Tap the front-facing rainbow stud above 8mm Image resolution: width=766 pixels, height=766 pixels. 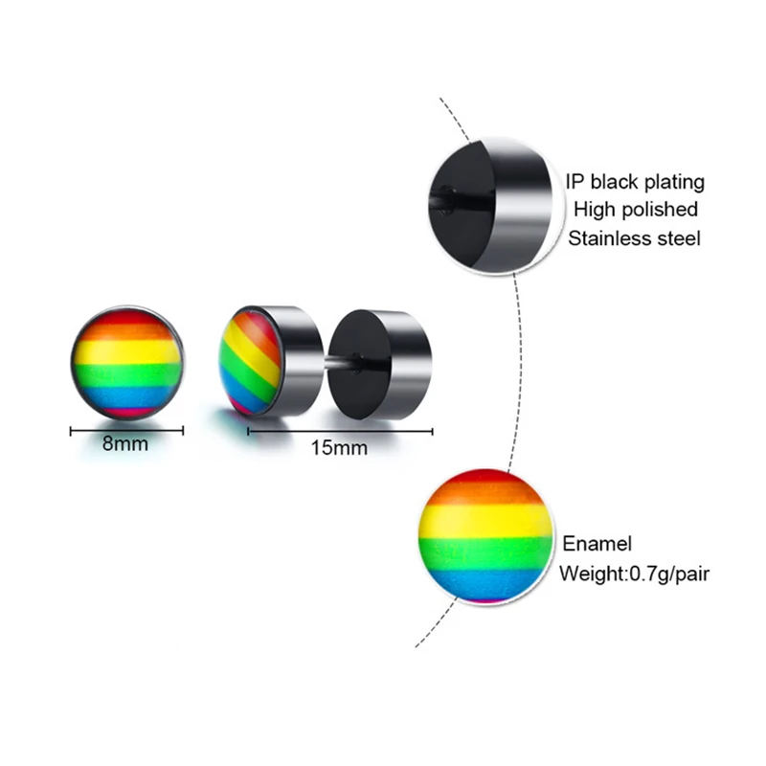(x=127, y=362)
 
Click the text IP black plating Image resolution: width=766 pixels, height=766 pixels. (x=634, y=182)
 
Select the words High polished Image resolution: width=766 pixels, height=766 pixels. (x=634, y=209)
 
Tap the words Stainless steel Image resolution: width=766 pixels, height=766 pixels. (x=634, y=237)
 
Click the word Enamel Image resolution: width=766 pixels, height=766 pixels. (x=597, y=545)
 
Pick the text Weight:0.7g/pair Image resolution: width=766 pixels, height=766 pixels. (x=634, y=574)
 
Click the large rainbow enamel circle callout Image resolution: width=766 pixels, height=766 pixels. (x=487, y=535)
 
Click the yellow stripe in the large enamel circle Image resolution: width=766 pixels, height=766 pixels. (x=487, y=522)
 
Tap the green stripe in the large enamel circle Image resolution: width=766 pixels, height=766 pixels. (x=487, y=553)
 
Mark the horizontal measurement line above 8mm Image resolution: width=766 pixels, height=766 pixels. (x=127, y=431)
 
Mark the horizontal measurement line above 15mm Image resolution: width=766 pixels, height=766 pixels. (x=338, y=431)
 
